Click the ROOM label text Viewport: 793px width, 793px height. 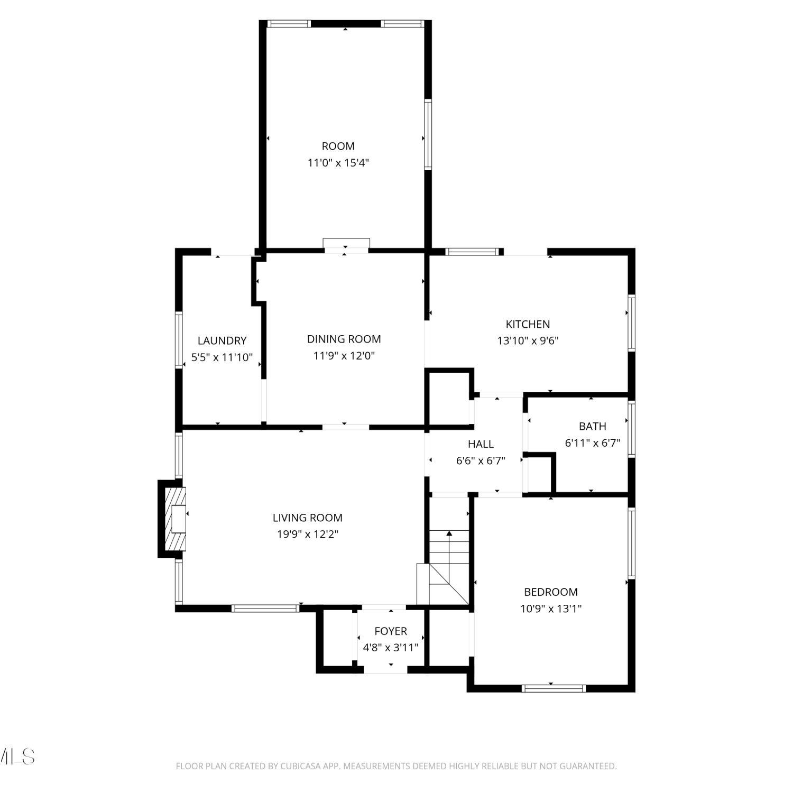(338, 146)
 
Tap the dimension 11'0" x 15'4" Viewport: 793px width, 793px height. (338, 163)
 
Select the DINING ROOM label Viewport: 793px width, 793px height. (344, 339)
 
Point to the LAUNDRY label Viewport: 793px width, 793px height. (222, 341)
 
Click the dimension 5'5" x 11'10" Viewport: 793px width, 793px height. (222, 358)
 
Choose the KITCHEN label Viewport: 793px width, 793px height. (528, 324)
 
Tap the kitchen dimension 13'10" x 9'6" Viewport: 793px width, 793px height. (528, 341)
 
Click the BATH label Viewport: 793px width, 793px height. (593, 426)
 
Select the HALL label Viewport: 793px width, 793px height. (481, 444)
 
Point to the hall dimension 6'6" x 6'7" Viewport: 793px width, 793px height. (481, 461)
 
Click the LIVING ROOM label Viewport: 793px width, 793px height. (308, 518)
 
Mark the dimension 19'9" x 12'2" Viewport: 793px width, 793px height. (308, 534)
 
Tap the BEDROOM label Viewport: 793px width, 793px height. (551, 592)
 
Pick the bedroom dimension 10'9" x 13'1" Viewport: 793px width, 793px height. (551, 609)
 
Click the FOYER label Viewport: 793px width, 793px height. (391, 631)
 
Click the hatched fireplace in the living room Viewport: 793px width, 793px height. (176, 519)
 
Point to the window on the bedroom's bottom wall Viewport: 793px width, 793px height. (554, 688)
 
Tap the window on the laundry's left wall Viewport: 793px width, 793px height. (179, 340)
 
